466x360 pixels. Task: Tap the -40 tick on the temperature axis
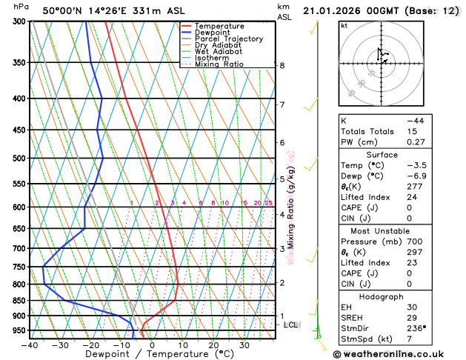click(x=30, y=344)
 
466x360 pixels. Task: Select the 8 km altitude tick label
click(x=282, y=65)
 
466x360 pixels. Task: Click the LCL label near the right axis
click(x=291, y=324)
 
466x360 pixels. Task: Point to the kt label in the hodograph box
click(x=344, y=25)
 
